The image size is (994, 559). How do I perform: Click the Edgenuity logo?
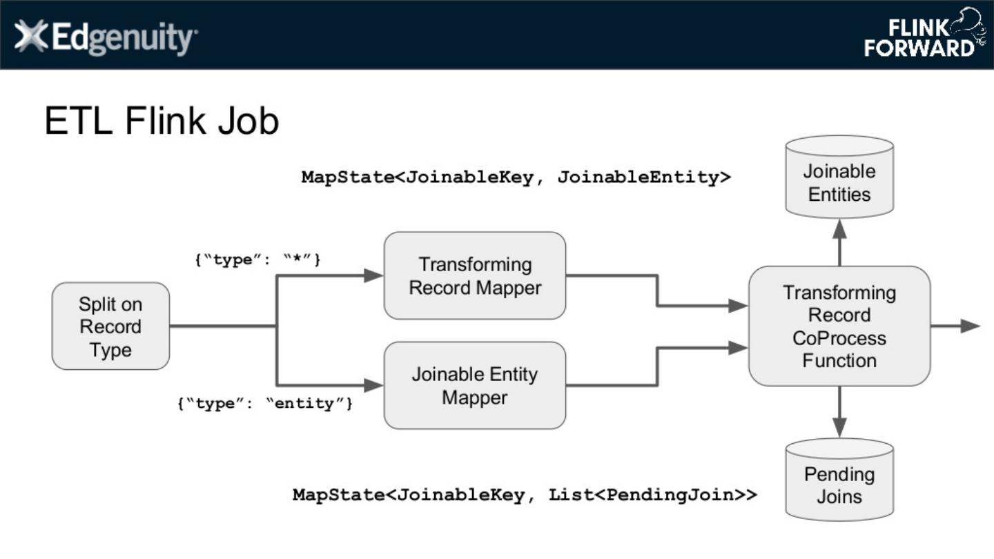[x=106, y=37]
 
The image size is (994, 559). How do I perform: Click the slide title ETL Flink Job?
[x=162, y=121]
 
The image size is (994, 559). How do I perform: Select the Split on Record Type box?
[x=110, y=326]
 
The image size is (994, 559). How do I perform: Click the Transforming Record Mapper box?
[x=475, y=276]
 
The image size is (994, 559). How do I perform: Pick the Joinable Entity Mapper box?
[x=475, y=386]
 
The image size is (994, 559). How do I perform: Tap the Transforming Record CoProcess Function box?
[x=839, y=326]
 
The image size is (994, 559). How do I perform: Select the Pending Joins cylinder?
[x=839, y=481]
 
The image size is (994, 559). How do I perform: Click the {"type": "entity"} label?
[x=266, y=404]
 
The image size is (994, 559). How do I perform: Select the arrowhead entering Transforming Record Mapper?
[x=373, y=275]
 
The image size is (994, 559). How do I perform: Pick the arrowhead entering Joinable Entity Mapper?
[x=373, y=385]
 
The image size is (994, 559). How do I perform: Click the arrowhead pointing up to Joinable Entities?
[x=839, y=228]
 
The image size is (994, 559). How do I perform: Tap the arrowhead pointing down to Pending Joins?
[x=839, y=428]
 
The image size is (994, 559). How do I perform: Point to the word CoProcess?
[x=839, y=338]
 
